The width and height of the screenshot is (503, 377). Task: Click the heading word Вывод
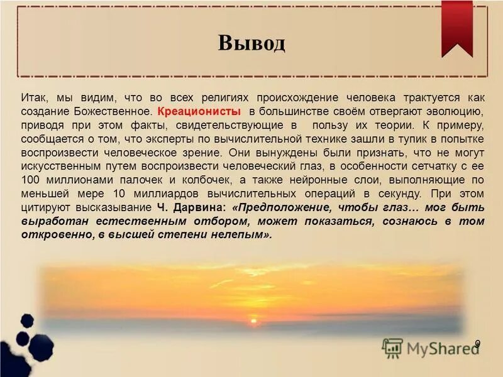(x=251, y=43)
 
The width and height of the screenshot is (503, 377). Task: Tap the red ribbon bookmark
(x=457, y=25)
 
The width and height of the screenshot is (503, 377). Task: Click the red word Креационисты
(x=199, y=111)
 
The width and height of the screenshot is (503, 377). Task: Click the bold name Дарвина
(x=196, y=207)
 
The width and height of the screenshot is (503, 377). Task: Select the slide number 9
(x=477, y=343)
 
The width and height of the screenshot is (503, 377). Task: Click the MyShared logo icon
(x=392, y=348)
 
